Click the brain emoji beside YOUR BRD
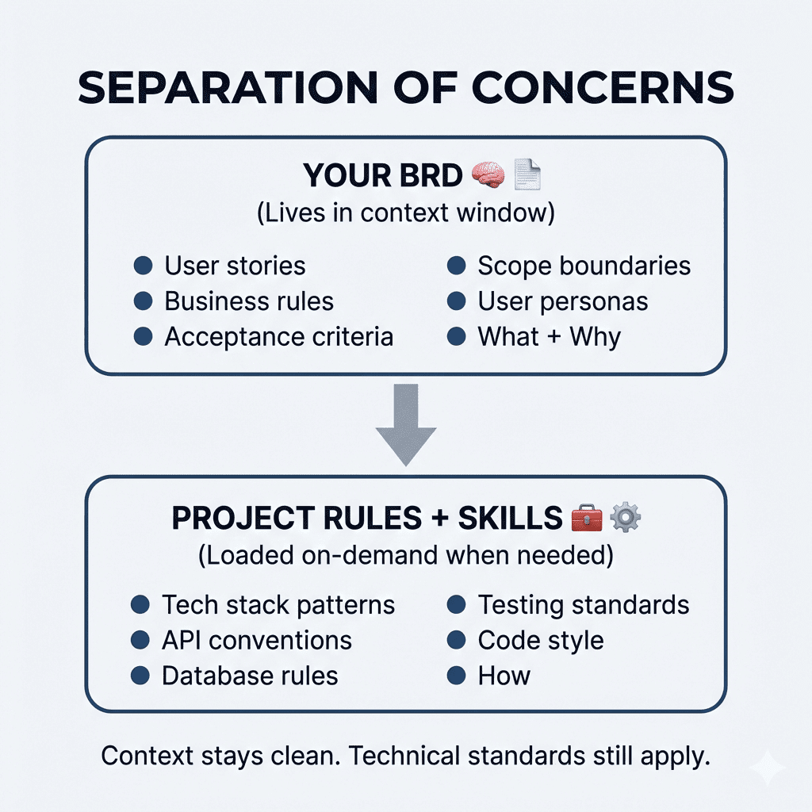click(488, 175)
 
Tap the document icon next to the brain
click(527, 175)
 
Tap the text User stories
click(235, 266)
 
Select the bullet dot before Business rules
click(143, 301)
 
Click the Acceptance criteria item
click(278, 336)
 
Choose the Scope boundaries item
click(584, 266)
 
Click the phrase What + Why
click(549, 336)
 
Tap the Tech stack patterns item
click(278, 605)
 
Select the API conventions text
click(257, 640)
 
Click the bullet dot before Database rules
click(140, 676)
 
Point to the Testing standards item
click(583, 605)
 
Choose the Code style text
click(540, 640)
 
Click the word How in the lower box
click(504, 676)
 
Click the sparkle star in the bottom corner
click(767, 767)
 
